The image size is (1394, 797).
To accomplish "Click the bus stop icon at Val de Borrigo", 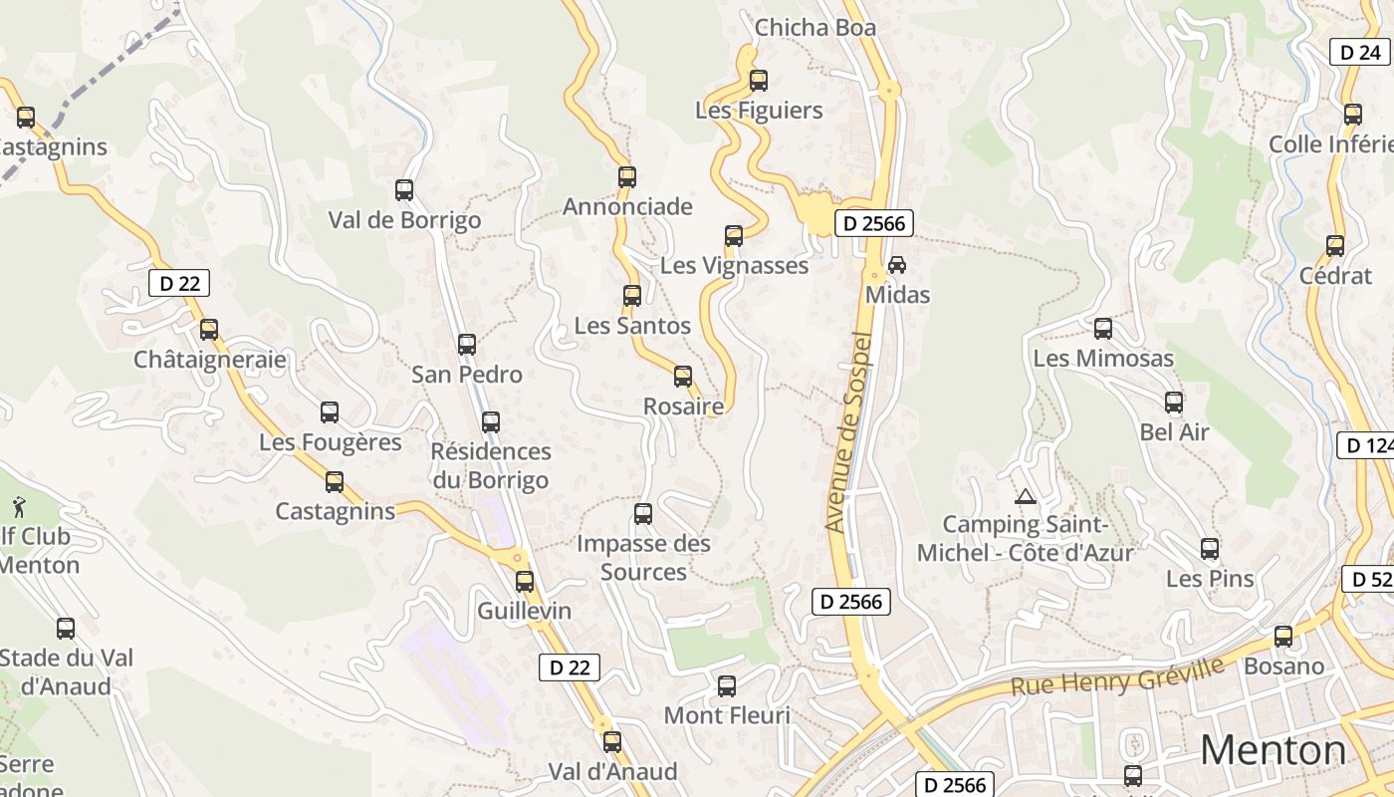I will point(404,190).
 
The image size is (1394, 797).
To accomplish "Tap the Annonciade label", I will point(627,206).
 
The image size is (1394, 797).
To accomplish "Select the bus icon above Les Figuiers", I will point(759,81).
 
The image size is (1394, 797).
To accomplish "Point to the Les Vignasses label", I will point(735,266).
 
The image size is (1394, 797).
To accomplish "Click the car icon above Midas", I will point(897,265).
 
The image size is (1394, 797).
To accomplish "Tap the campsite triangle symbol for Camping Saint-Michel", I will point(1025,496).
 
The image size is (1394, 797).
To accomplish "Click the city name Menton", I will point(1273,749).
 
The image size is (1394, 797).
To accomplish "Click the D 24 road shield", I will point(1360,52).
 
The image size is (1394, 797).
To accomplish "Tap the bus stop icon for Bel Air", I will point(1174,402).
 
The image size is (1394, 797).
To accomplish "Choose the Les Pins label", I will point(1210,579).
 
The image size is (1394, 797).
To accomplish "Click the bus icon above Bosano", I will point(1283,637).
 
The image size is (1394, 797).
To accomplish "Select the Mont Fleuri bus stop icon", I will point(727,686).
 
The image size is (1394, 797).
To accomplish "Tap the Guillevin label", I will point(525,611).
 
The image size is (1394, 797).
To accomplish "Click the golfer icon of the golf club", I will point(19,506).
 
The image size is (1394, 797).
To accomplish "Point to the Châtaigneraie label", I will point(210,360).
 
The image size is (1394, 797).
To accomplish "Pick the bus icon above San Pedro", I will point(467,345).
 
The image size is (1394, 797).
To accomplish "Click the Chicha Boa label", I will point(815,28).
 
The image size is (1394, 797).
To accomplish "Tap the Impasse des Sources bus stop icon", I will point(643,514).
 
